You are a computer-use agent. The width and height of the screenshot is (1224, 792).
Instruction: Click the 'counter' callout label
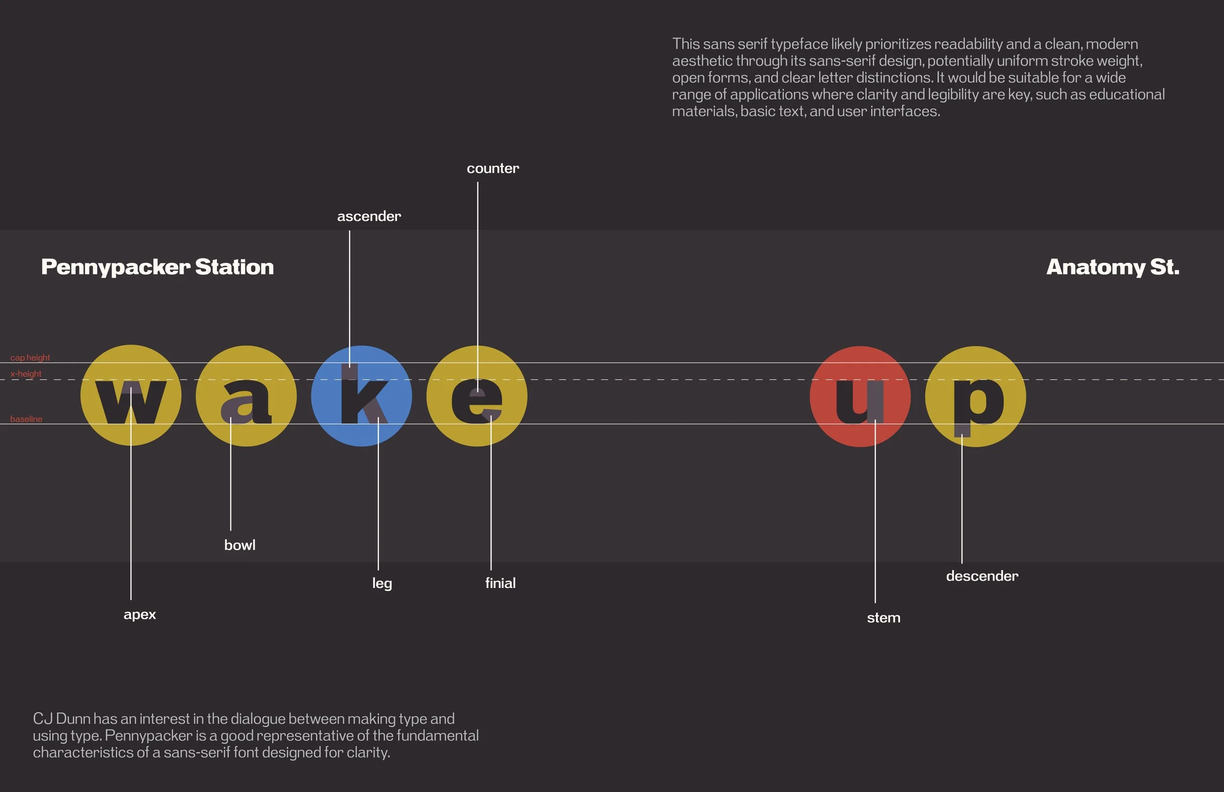(493, 169)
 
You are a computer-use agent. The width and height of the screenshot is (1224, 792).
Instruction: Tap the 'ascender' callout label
(369, 216)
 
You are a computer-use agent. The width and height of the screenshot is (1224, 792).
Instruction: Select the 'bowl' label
(239, 545)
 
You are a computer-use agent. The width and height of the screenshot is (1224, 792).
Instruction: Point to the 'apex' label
(140, 615)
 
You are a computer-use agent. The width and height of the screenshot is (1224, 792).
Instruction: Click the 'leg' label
(382, 583)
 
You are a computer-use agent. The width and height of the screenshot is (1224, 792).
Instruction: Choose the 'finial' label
(500, 583)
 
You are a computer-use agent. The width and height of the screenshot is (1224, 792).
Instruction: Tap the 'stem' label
(884, 618)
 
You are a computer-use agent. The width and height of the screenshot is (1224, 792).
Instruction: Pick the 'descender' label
(982, 576)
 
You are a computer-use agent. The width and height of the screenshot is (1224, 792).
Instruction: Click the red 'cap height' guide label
(30, 357)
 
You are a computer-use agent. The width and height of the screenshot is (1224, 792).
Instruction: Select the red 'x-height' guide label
(26, 374)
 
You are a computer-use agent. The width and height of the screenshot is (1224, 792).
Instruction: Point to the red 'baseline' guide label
(26, 419)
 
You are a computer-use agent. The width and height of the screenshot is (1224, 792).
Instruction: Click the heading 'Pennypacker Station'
(157, 267)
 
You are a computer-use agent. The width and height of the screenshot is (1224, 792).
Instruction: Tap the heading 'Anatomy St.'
(1113, 267)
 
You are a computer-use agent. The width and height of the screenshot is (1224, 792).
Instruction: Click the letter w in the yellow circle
(131, 402)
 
